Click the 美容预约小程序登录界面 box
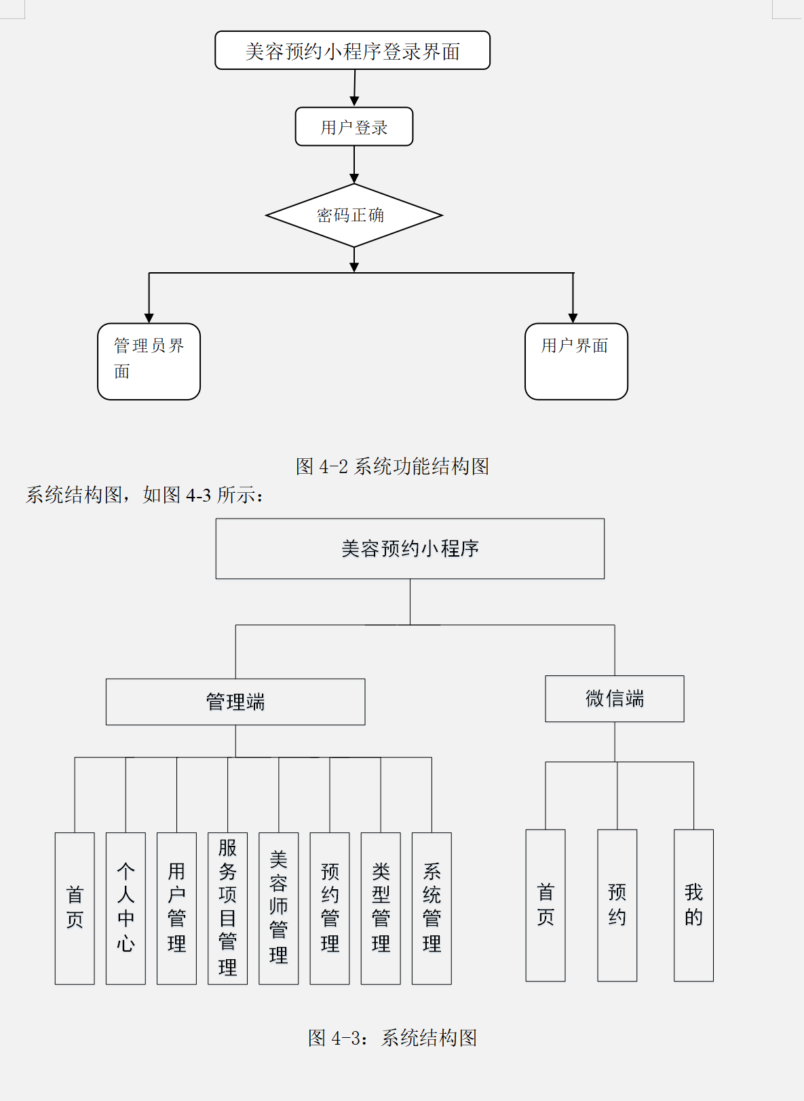[352, 51]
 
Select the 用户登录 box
[353, 127]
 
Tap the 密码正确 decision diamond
[353, 216]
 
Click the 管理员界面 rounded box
[149, 361]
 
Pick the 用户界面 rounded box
[576, 361]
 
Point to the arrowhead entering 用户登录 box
[354, 101]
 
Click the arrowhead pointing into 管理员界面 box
[149, 318]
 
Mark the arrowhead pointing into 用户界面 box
[573, 318]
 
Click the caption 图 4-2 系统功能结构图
[392, 466]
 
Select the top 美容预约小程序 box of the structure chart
[410, 548]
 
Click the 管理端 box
[235, 702]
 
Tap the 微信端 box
[614, 698]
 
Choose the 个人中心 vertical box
[126, 908]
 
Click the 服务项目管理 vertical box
[227, 908]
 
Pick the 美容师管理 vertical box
[278, 908]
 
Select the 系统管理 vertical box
[432, 908]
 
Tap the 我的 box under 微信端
[693, 905]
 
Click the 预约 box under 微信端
[617, 905]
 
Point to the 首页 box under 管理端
[75, 908]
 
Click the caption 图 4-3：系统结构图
[392, 1038]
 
